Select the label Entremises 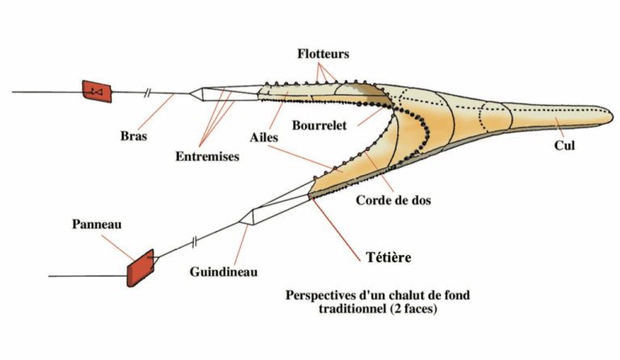207,157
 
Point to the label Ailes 264,137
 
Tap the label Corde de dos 393,201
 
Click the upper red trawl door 96,90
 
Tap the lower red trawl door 140,268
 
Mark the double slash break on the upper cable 147,94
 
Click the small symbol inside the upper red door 96,91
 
